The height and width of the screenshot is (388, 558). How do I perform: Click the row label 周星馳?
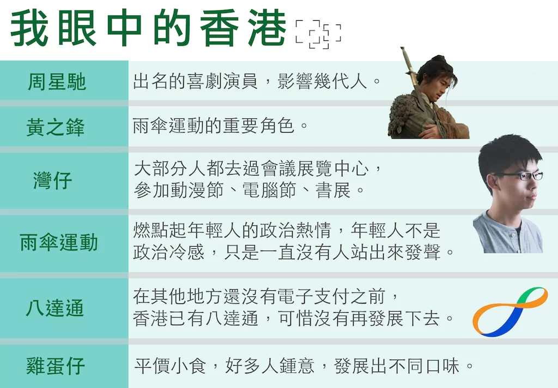(57, 82)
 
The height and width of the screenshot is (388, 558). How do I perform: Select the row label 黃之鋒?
(56, 127)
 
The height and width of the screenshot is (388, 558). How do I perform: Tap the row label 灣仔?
(53, 180)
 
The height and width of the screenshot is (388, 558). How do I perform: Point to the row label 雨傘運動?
(59, 242)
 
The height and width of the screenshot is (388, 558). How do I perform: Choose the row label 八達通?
(55, 308)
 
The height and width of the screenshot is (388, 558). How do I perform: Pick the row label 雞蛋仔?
(56, 366)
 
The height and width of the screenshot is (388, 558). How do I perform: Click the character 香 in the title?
(219, 28)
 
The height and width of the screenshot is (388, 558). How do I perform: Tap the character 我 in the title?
(29, 28)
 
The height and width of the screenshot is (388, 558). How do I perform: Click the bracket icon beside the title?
(318, 34)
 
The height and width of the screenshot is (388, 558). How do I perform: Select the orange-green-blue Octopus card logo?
(510, 312)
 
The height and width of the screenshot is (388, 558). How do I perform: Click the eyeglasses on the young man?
(520, 176)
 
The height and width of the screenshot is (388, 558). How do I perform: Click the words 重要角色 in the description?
(259, 126)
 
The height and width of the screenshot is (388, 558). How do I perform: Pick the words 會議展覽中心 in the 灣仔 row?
(314, 168)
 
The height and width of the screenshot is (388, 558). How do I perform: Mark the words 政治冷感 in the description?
(169, 252)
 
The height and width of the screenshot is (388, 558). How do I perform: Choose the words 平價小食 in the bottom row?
(170, 366)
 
